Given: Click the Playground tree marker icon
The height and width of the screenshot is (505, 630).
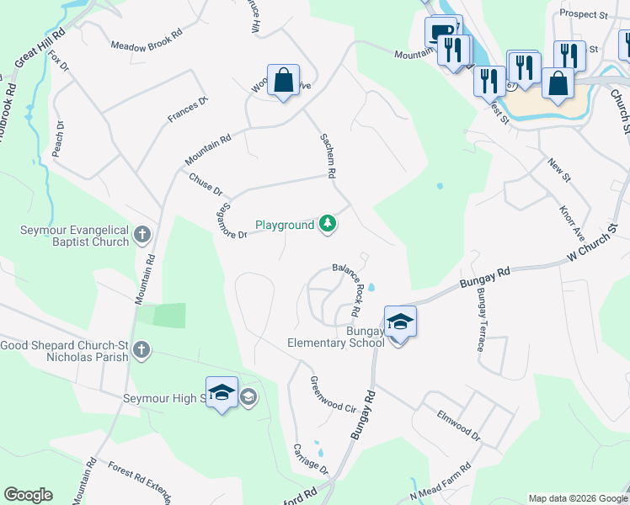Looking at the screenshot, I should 328,225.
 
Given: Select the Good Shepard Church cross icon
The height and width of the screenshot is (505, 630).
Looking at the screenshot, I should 141,349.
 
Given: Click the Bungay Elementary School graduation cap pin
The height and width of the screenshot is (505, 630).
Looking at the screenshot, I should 400,322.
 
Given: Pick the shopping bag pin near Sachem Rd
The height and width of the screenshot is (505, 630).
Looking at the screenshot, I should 284,82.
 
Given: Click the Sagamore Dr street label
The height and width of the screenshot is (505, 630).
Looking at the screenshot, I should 232,221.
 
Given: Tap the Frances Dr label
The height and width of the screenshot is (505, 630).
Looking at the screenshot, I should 187,110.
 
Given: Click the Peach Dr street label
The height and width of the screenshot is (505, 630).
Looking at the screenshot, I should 58,143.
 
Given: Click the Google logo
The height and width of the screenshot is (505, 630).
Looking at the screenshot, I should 28,495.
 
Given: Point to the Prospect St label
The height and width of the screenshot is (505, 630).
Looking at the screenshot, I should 583,15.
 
